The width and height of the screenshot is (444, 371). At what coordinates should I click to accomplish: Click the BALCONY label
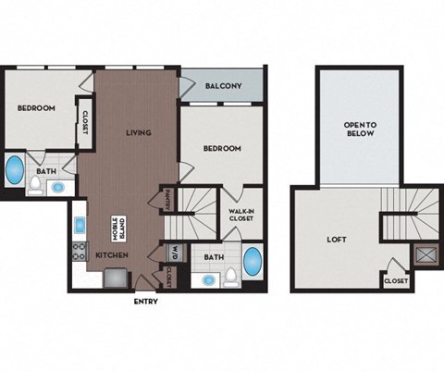point(224,87)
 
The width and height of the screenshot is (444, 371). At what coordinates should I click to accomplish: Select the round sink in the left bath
point(57,186)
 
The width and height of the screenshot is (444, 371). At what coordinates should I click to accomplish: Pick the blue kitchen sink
point(80,226)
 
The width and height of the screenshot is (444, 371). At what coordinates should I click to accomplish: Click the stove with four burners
point(80,251)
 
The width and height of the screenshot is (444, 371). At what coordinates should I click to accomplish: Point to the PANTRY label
point(166,200)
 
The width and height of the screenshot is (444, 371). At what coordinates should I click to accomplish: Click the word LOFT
point(337,238)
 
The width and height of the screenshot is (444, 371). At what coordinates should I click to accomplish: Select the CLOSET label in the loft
point(395,279)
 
